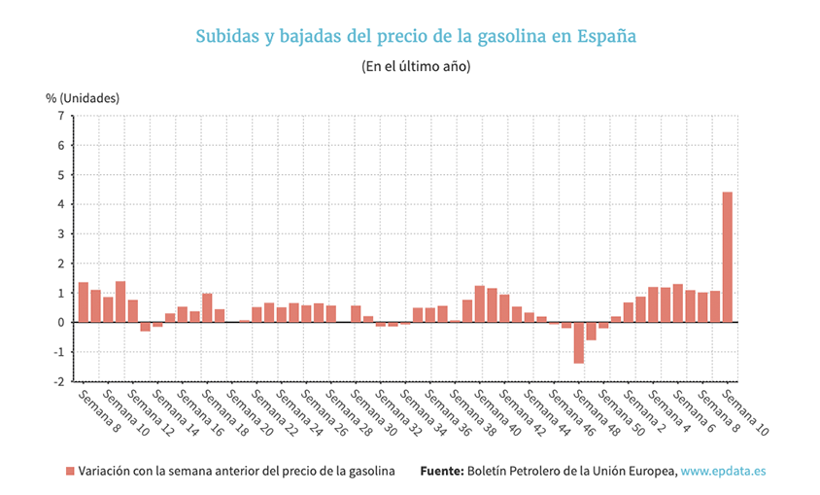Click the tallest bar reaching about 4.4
(727, 257)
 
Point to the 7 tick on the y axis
(61, 116)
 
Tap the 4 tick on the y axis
(61, 204)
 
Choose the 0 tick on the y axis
(61, 322)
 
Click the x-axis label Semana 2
(641, 407)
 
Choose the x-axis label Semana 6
(691, 407)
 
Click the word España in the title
(607, 37)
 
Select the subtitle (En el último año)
(416, 67)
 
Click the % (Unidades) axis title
(83, 97)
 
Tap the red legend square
(70, 471)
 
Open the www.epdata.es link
(723, 471)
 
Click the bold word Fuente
(442, 471)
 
